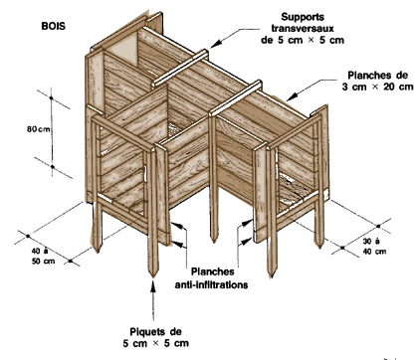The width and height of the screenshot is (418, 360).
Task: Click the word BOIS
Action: point(54,26)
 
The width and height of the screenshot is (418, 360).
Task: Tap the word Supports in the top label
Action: point(303,17)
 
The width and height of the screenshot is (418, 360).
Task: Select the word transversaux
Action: point(303,28)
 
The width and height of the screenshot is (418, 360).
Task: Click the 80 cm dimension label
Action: point(38,129)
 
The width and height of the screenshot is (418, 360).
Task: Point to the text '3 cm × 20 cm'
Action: point(377,87)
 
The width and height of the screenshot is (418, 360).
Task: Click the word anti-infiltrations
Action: point(211,284)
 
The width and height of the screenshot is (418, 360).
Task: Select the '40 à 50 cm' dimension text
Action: point(43,256)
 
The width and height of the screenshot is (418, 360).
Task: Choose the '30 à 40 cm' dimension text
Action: point(374,247)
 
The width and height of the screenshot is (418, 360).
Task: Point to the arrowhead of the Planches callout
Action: point(290,96)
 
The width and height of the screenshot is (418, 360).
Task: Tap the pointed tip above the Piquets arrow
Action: point(152,276)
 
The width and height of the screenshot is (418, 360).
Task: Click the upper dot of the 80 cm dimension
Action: point(51,97)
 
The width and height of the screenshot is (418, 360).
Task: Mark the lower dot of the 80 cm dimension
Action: point(53,167)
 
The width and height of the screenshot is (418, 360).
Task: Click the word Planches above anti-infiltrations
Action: point(213,271)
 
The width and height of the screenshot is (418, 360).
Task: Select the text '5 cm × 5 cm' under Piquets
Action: point(156,343)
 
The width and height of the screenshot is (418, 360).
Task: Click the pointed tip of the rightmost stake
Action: point(319,247)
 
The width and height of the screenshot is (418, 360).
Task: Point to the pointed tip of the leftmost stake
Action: point(98,252)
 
